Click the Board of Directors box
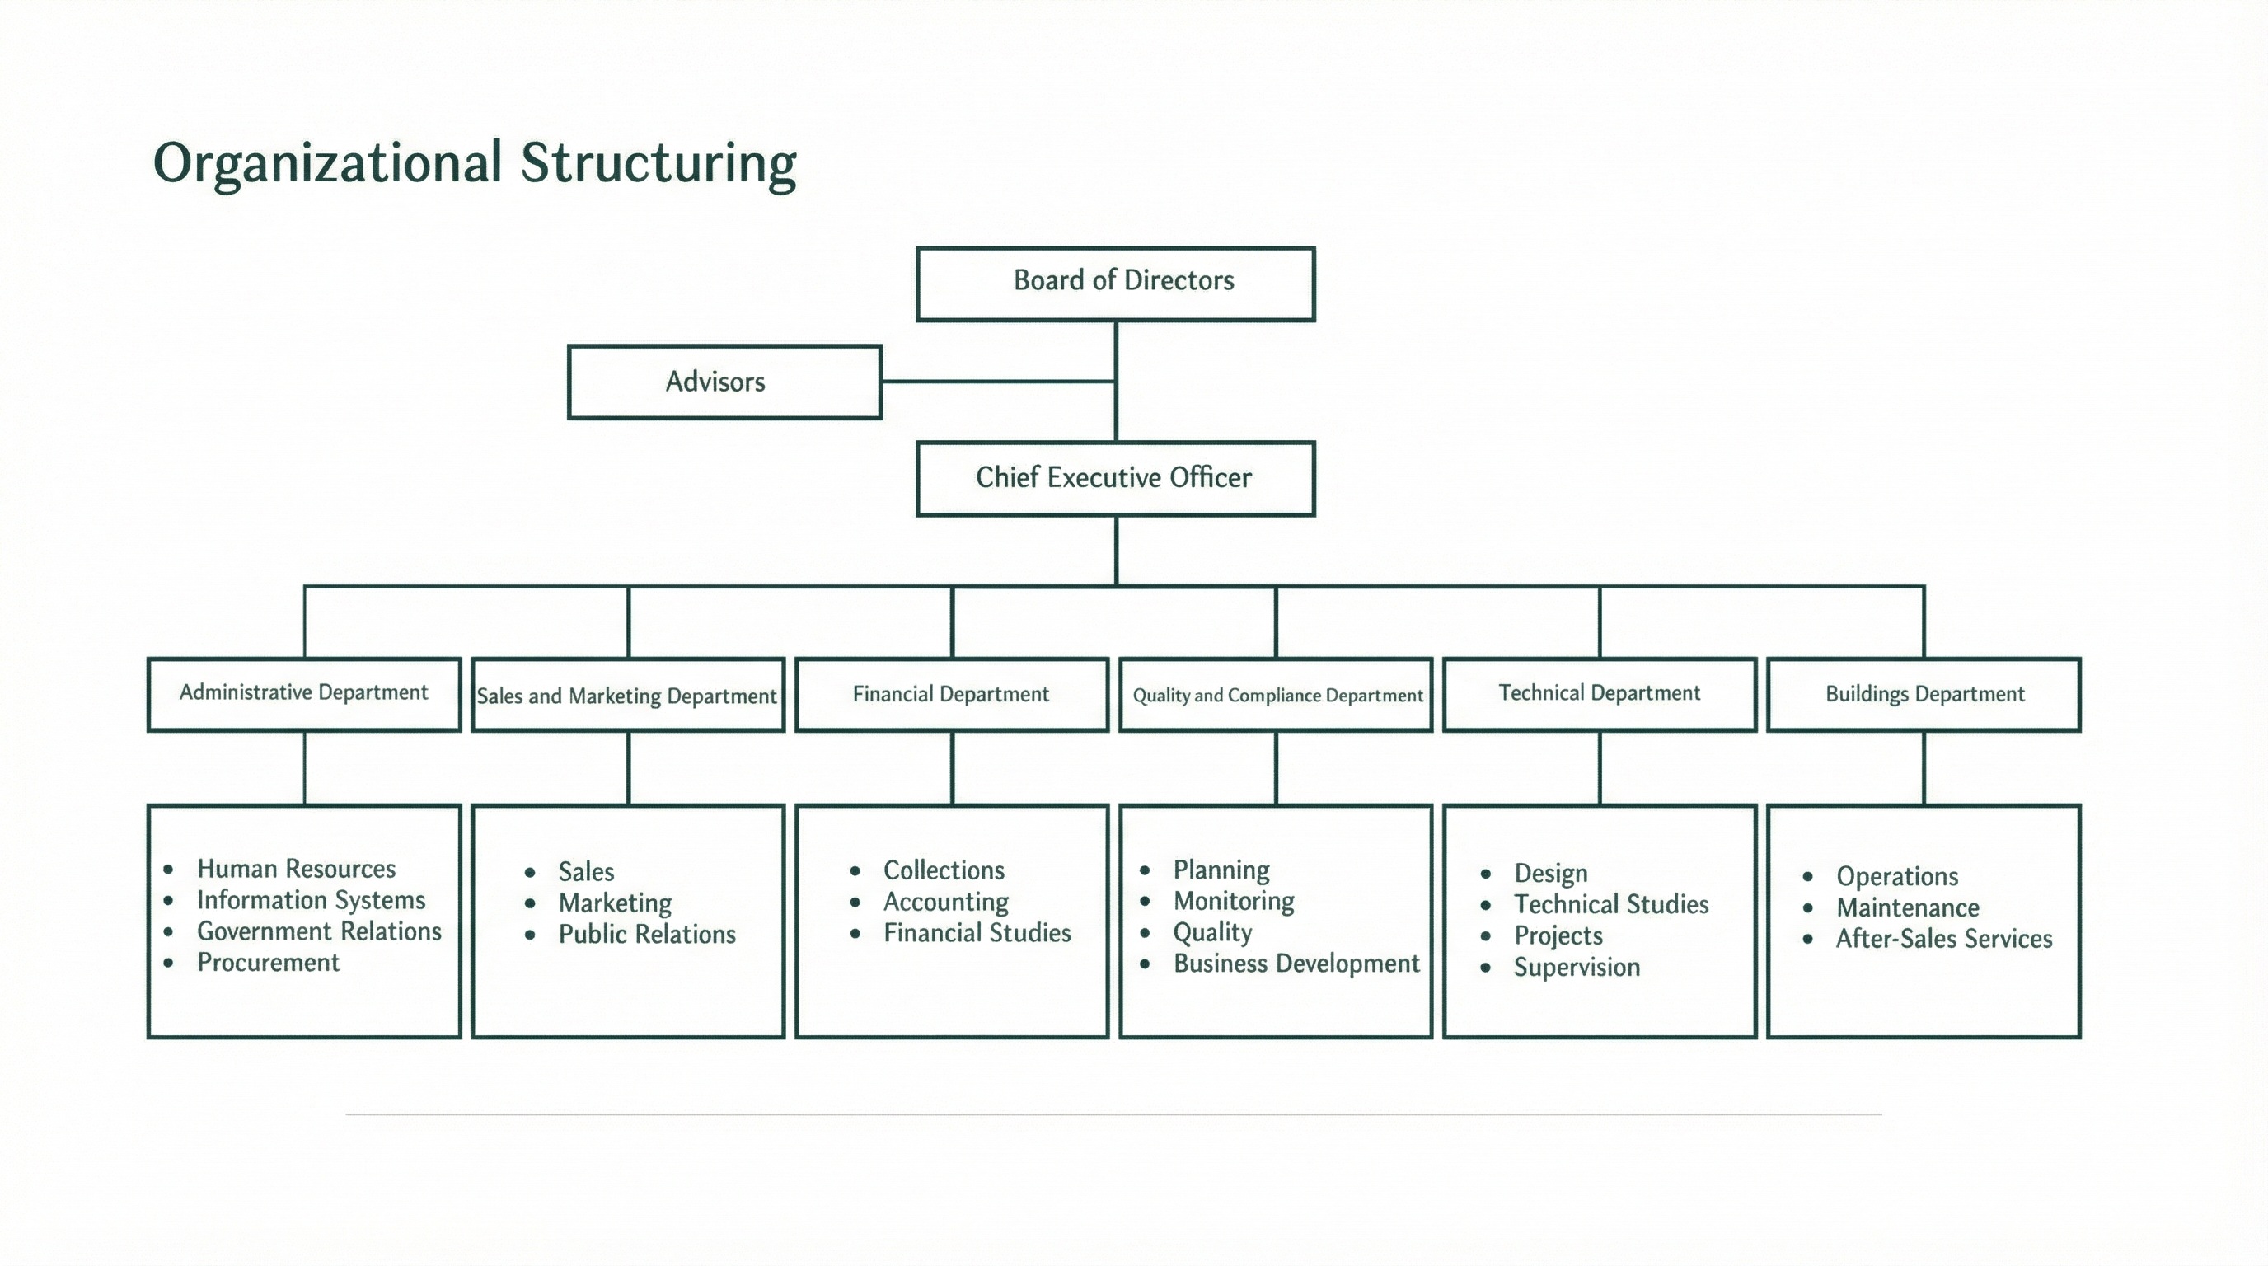click(x=1116, y=284)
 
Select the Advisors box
click(x=724, y=382)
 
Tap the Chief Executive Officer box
click(x=1116, y=478)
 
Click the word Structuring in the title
click(x=658, y=164)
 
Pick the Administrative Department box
click(x=304, y=694)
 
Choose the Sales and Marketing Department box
click(x=627, y=696)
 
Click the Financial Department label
click(x=951, y=695)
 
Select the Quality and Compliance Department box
click(x=1277, y=696)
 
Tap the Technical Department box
click(x=1599, y=694)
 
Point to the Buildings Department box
click(x=1924, y=695)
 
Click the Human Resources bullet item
click(x=296, y=869)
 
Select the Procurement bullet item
click(x=268, y=962)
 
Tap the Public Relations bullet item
click(x=646, y=934)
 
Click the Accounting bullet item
click(x=945, y=902)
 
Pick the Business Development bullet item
click(x=1296, y=964)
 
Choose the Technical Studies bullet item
click(x=1610, y=904)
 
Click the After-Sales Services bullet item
click(x=1943, y=939)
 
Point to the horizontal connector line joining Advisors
click(x=997, y=382)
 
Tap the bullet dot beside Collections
click(x=855, y=871)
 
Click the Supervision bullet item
click(x=1576, y=967)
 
